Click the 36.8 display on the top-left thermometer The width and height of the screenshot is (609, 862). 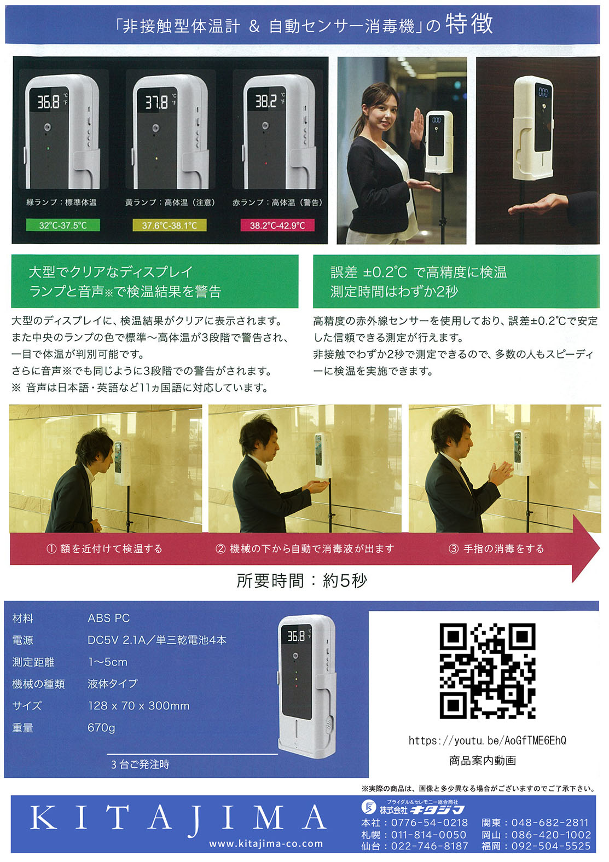(48, 102)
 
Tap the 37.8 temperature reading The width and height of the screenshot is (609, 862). (156, 102)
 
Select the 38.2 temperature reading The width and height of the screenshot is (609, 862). (266, 101)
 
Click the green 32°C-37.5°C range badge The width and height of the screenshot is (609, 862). (63, 225)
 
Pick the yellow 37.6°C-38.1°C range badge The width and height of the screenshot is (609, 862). (169, 225)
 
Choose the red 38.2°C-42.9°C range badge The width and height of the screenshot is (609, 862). (277, 225)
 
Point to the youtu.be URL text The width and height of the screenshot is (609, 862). (487, 740)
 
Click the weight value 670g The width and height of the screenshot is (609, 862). (101, 728)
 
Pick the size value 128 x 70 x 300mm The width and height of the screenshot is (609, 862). (138, 706)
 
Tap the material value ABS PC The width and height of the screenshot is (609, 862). (108, 618)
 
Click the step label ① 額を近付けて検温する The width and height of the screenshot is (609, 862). (105, 548)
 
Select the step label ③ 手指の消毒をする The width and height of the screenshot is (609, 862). (496, 548)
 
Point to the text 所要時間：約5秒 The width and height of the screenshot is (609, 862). (301, 580)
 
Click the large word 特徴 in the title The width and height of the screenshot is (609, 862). (469, 24)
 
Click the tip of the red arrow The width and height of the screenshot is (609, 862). (599, 548)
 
